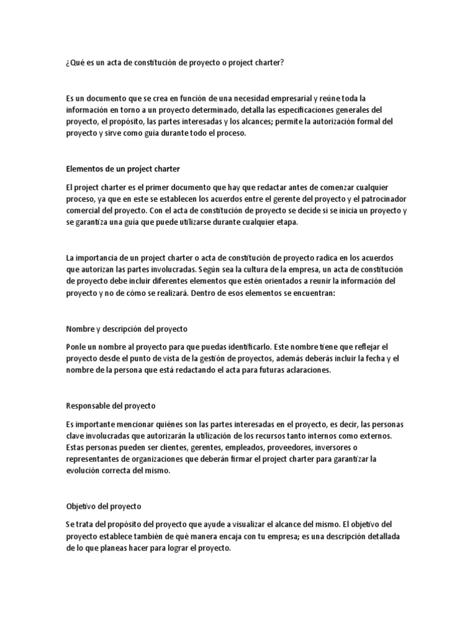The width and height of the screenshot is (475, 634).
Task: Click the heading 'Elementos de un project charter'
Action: point(122,168)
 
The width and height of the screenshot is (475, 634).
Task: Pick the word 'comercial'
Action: point(85,211)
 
